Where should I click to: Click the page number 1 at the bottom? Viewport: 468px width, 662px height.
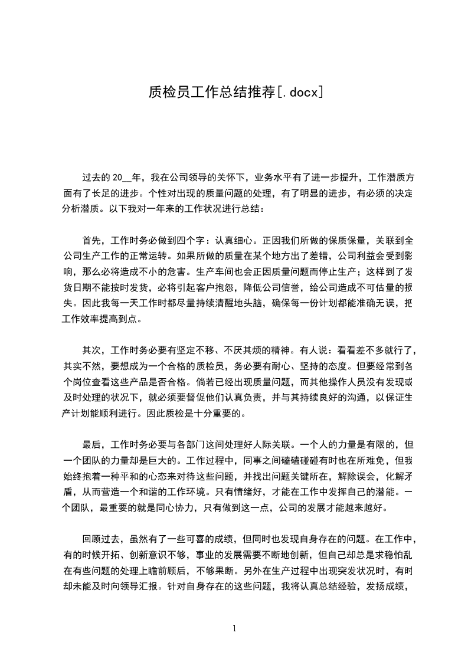234,628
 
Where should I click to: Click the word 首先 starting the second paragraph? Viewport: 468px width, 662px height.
92,240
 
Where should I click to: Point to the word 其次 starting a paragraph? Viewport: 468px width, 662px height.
92,349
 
